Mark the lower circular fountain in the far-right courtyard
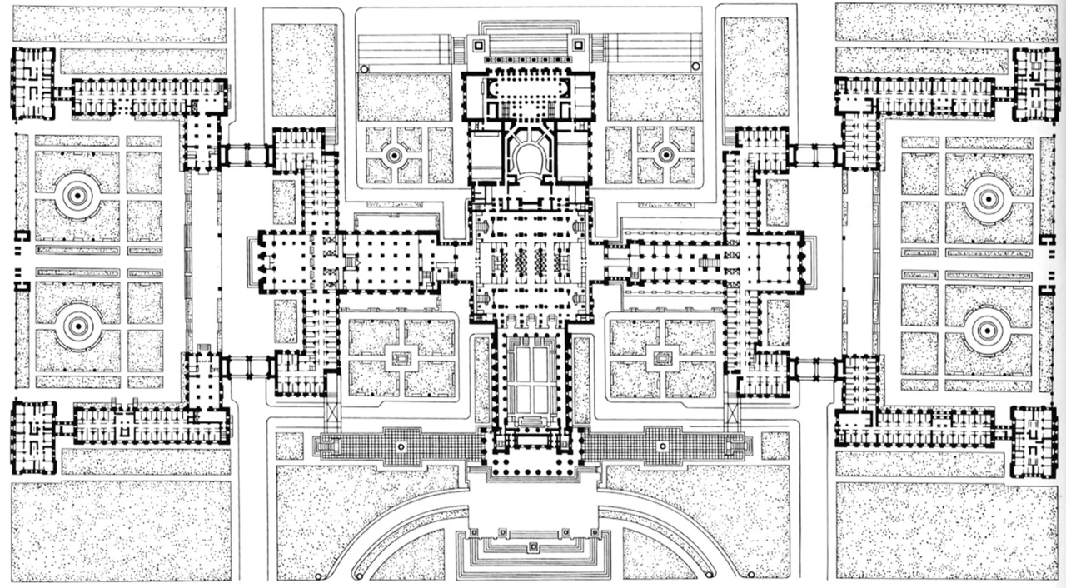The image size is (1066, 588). click(x=989, y=327)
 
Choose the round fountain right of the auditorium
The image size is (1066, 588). click(x=665, y=155)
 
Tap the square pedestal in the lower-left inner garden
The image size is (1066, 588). click(x=401, y=359)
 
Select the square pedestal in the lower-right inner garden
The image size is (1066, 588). click(x=662, y=359)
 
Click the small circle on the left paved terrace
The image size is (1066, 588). click(x=401, y=447)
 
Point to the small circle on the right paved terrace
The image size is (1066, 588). click(x=662, y=447)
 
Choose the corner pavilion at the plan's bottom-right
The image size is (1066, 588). click(x=1034, y=442)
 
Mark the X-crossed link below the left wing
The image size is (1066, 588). click(x=332, y=411)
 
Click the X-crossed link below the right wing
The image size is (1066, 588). click(x=732, y=411)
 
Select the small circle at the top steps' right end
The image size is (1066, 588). click(x=696, y=66)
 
